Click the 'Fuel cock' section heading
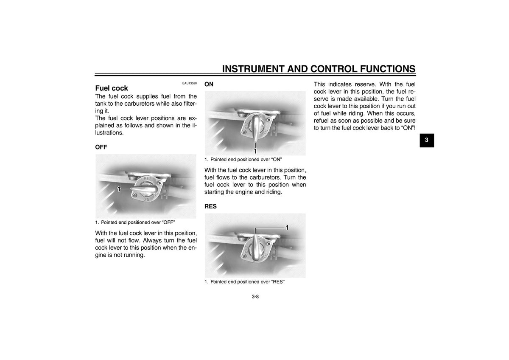pos(112,88)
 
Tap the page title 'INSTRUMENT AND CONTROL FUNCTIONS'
pos(319,69)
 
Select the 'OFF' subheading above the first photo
pos(101,147)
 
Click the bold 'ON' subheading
pos(209,84)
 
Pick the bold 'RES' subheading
pos(211,206)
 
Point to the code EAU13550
pos(190,83)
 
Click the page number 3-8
pos(255,297)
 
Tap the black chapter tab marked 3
pos(427,141)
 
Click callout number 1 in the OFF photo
pos(119,189)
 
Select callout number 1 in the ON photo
pos(255,151)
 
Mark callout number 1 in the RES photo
pos(287,228)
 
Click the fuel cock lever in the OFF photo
pos(145,189)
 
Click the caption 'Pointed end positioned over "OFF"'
pos(135,222)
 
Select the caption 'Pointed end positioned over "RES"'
pos(244,282)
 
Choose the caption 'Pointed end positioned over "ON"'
pos(243,160)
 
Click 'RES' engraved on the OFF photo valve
pos(148,179)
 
